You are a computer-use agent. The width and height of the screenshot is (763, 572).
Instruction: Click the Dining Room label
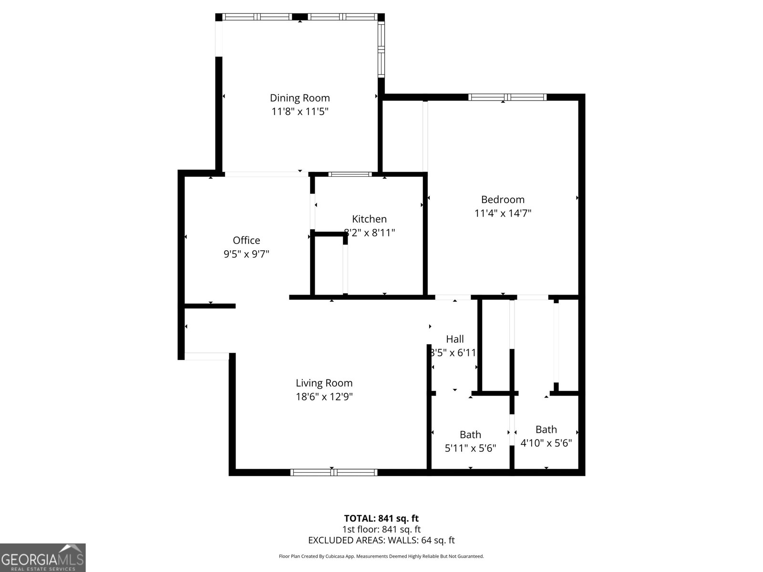299,98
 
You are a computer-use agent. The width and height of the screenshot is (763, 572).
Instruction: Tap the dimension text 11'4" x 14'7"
503,213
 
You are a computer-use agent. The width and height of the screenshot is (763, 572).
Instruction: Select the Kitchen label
369,219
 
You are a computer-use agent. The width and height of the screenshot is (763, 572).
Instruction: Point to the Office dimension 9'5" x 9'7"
247,254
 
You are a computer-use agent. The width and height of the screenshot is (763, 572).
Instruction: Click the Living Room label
324,383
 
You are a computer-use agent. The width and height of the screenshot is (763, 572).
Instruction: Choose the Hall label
454,339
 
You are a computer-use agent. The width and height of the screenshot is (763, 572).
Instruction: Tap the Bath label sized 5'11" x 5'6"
470,434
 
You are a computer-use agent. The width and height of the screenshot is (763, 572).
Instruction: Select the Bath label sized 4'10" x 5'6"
546,429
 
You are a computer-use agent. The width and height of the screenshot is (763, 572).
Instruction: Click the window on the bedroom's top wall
507,97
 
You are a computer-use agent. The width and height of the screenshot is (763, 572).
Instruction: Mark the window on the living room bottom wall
334,472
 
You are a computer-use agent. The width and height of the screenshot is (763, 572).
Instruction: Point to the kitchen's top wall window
350,174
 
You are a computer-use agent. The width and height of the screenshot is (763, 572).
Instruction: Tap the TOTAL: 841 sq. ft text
381,518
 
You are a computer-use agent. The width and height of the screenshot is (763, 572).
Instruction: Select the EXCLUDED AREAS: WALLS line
381,540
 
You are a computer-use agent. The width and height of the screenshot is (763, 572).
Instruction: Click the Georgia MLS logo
42,558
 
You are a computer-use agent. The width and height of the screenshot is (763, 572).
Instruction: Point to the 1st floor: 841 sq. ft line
381,529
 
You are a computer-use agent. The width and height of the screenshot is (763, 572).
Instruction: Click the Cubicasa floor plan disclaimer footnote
381,556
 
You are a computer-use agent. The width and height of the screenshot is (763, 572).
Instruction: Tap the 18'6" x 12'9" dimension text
324,397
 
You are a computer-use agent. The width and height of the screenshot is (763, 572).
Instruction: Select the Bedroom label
503,199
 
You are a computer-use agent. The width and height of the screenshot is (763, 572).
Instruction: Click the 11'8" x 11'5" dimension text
299,112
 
